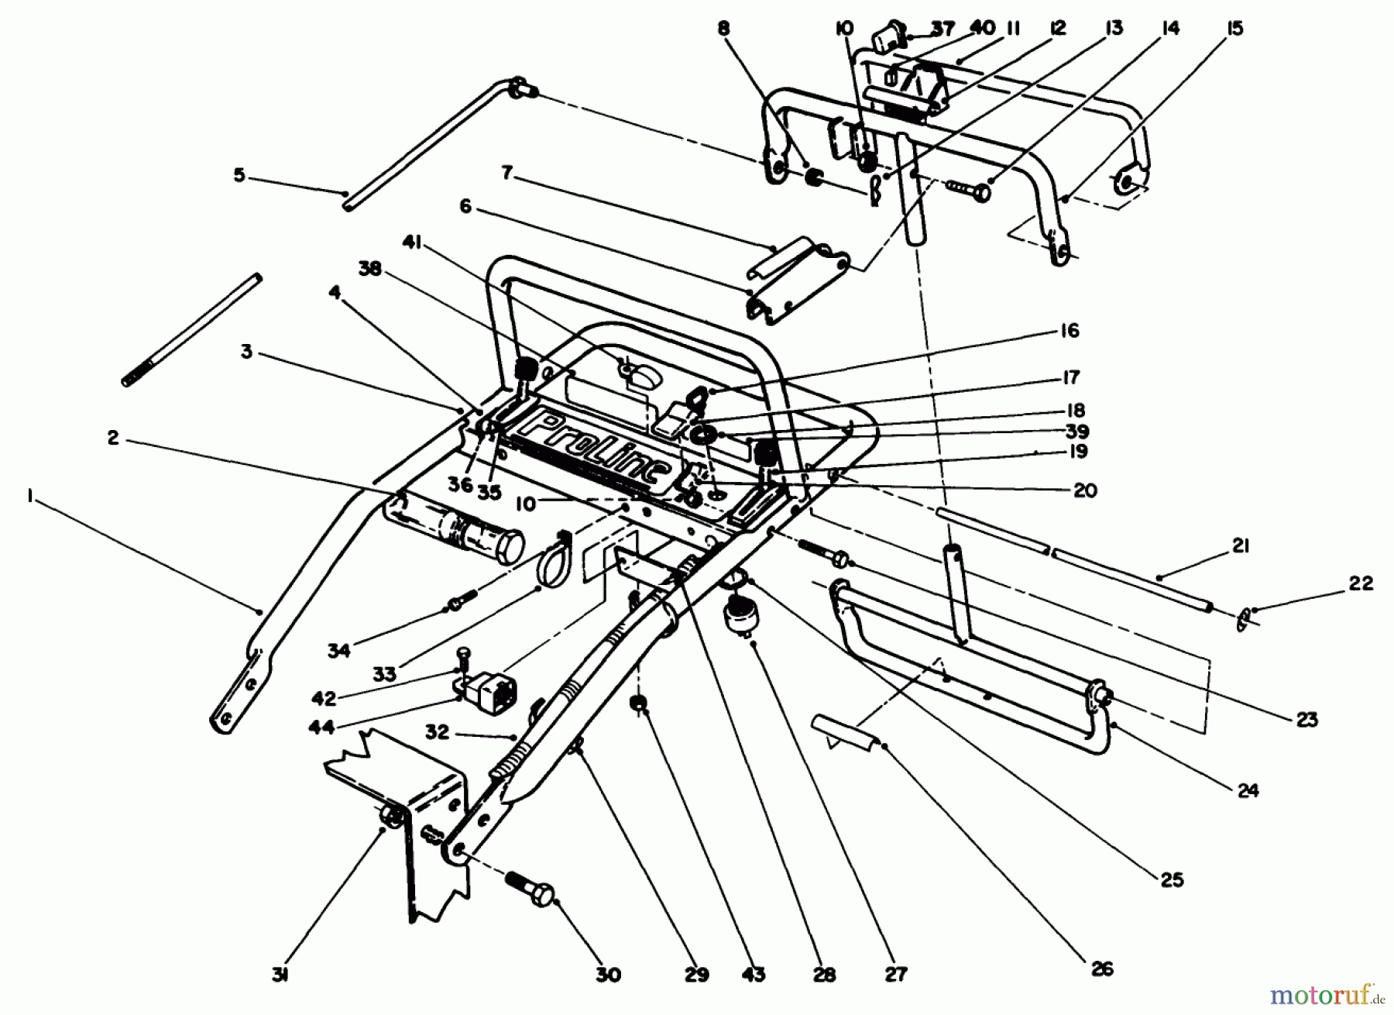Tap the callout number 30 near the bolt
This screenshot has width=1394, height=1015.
coord(609,974)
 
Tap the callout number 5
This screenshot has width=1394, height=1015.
coord(239,175)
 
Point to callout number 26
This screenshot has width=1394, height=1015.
coord(1101,968)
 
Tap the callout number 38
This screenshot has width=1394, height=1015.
coord(373,269)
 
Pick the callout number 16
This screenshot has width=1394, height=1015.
coord(1070,331)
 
